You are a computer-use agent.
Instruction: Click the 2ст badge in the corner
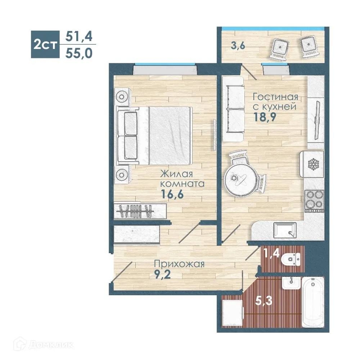point(45,44)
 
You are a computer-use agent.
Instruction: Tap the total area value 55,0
point(79,53)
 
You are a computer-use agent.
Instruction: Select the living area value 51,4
point(79,36)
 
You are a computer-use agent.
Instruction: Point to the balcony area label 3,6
point(238,46)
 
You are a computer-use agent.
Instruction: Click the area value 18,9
point(265,117)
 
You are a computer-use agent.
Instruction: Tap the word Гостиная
point(275,96)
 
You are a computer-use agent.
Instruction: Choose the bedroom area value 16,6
point(172,194)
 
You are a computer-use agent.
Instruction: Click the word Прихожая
point(179,264)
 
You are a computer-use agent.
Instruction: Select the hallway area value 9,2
point(163,274)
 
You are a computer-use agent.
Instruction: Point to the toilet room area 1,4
point(271,253)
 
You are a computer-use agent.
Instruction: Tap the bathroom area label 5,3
point(264,301)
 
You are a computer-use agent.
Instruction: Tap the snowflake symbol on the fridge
point(314,165)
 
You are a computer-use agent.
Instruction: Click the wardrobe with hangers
point(140,211)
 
